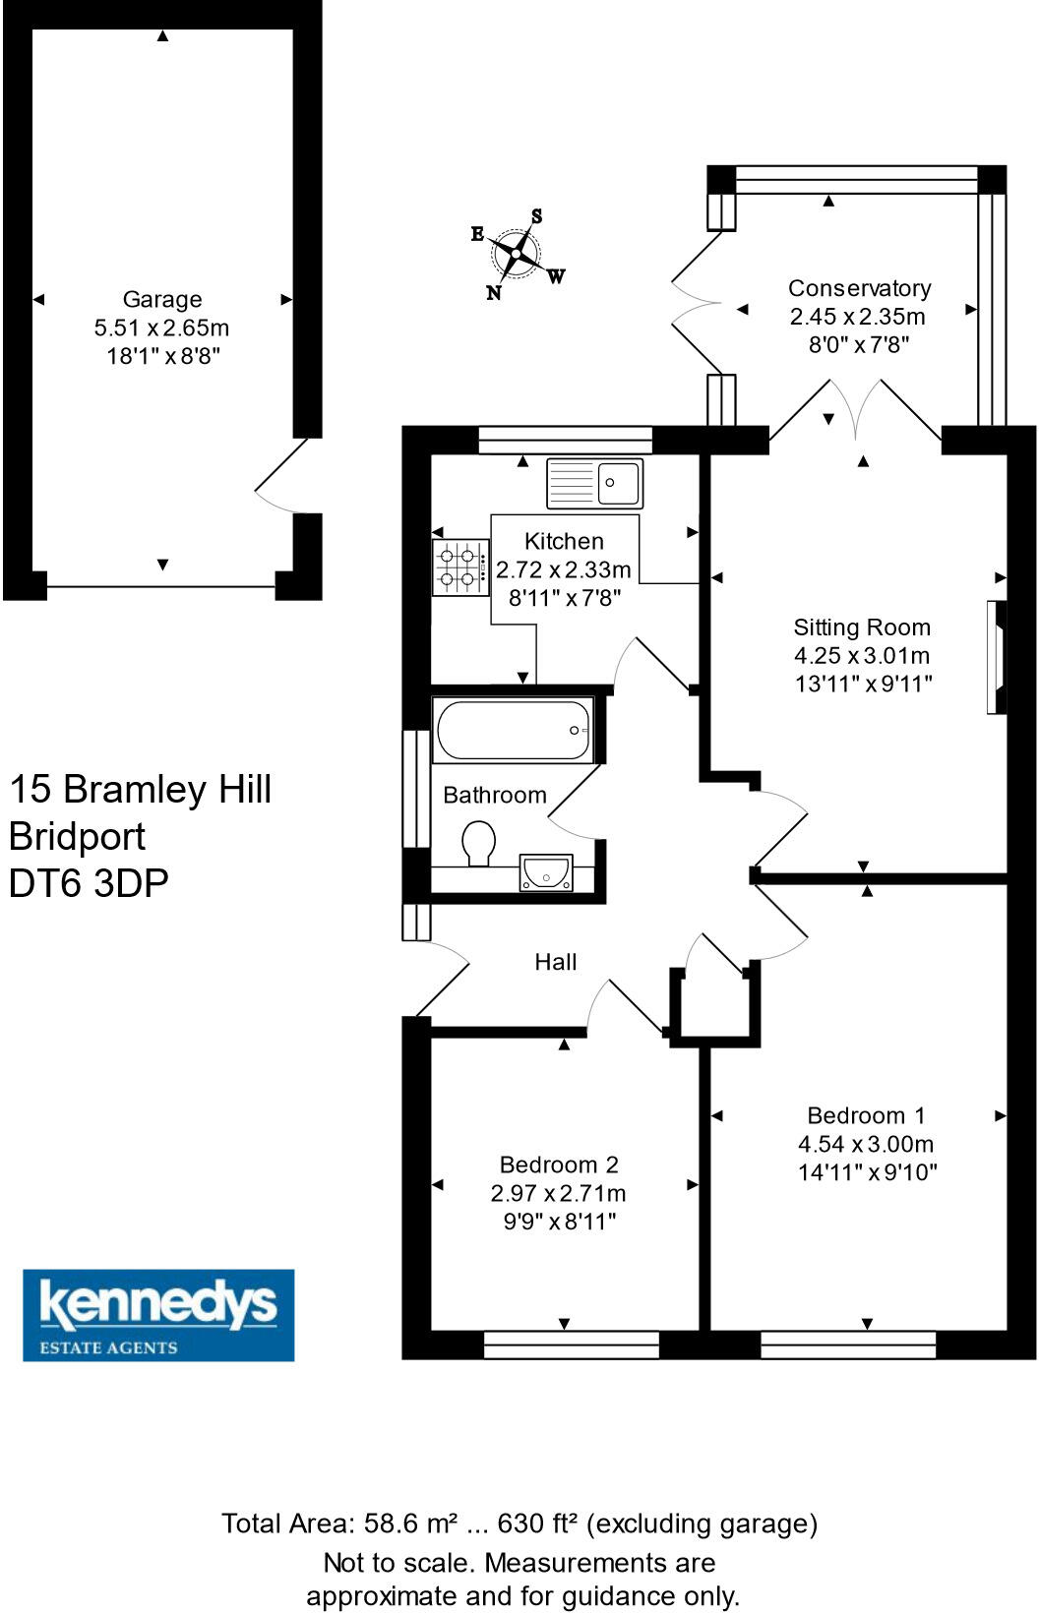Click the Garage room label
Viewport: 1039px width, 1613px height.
pyautogui.click(x=162, y=299)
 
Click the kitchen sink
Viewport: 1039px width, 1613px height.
pyautogui.click(x=594, y=483)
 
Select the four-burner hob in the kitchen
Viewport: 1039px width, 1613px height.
pyautogui.click(x=460, y=568)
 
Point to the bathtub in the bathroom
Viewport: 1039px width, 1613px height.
pyautogui.click(x=513, y=730)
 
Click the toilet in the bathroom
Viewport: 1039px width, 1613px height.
pyautogui.click(x=479, y=842)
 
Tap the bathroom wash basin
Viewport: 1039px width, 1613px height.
pyautogui.click(x=546, y=872)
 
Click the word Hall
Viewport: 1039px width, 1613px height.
pyautogui.click(x=556, y=962)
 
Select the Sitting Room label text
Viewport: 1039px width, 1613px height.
pyautogui.click(x=862, y=627)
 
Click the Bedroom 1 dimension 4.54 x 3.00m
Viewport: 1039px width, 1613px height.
pyautogui.click(x=866, y=1144)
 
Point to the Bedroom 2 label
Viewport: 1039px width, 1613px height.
pyautogui.click(x=559, y=1165)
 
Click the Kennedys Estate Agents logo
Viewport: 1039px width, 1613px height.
pyautogui.click(x=158, y=1315)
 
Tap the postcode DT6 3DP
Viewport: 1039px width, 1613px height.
pyautogui.click(x=89, y=883)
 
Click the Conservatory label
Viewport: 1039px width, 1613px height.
pyautogui.click(x=859, y=288)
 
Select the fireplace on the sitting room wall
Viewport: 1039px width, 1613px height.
pyautogui.click(x=997, y=656)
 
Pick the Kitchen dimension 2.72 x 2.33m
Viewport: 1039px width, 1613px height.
pyautogui.click(x=564, y=569)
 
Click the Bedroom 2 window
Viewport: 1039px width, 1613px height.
pyautogui.click(x=572, y=1344)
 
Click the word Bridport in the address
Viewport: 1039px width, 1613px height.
pyautogui.click(x=77, y=836)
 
